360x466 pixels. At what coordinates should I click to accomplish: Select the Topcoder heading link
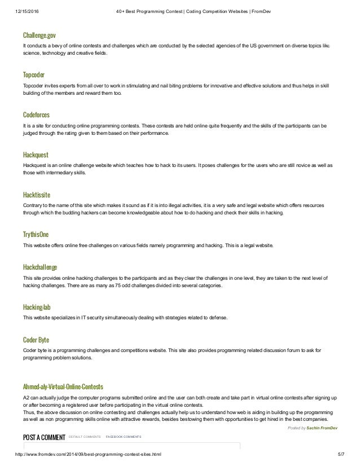34,74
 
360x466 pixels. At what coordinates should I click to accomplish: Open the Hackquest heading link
36,153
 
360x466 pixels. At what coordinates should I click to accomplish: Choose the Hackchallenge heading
39,267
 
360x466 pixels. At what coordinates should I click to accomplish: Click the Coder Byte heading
36,340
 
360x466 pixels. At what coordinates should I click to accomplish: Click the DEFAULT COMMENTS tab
85,437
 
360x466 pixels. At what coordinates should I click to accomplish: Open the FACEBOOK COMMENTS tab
124,437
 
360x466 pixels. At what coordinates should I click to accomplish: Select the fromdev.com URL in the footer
87,461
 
